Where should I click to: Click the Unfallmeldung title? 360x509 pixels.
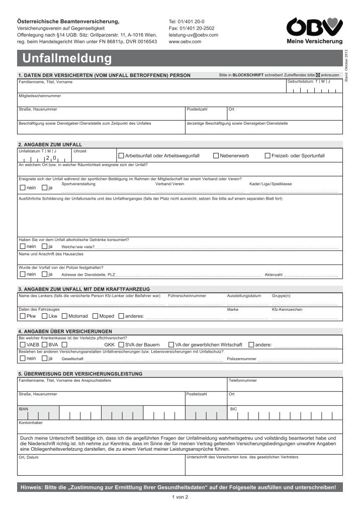click(x=67, y=59)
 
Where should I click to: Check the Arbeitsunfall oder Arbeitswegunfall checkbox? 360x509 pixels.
click(x=121, y=156)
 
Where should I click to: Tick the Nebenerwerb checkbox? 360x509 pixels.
click(x=216, y=156)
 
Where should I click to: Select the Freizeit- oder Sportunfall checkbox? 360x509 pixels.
click(x=267, y=156)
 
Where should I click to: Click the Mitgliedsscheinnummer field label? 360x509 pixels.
click(x=40, y=96)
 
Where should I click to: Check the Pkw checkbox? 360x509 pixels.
click(x=22, y=316)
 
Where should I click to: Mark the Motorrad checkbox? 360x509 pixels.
click(x=64, y=316)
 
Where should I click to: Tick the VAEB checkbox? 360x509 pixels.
click(x=22, y=345)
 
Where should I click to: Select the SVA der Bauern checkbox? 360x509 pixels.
click(x=120, y=345)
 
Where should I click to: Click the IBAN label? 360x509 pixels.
click(x=23, y=409)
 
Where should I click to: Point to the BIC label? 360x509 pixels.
click(x=233, y=409)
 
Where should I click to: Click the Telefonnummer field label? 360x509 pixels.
click(x=243, y=380)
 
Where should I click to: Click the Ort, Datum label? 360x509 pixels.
click(x=29, y=457)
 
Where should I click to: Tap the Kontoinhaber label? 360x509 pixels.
click(x=30, y=423)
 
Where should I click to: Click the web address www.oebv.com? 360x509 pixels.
click(x=185, y=42)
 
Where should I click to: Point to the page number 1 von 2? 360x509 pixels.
click(x=179, y=497)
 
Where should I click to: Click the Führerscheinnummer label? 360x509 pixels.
click(x=187, y=295)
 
